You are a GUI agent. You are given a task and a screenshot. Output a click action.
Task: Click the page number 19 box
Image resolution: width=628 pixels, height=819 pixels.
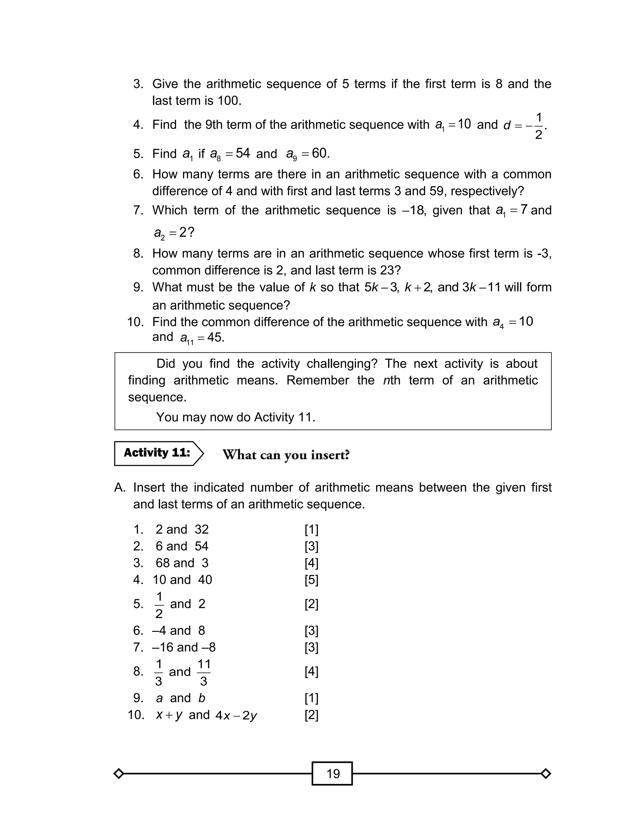332,773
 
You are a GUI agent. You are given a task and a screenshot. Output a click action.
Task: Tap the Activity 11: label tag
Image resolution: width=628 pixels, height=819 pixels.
157,453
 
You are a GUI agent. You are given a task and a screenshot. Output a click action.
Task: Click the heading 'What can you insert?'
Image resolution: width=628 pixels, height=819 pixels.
286,455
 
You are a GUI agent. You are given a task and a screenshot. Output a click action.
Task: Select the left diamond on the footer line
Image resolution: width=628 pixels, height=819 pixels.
118,773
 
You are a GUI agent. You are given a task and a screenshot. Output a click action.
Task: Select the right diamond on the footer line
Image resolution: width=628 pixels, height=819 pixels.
546,773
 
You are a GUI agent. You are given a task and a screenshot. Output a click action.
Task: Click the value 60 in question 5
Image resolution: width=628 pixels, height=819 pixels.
320,153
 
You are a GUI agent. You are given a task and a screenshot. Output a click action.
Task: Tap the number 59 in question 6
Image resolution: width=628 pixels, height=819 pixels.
436,191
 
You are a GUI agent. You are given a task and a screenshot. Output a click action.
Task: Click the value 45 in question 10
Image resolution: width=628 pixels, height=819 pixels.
215,337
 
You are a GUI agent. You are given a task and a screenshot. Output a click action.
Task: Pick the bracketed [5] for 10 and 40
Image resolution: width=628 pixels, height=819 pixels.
311,580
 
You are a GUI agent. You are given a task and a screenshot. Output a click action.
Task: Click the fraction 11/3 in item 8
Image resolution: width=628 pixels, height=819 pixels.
204,672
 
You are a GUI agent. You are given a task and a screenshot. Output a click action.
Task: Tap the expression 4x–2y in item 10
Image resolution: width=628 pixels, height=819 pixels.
236,715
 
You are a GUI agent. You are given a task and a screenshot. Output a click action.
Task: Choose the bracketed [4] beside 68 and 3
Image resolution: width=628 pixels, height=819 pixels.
311,563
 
